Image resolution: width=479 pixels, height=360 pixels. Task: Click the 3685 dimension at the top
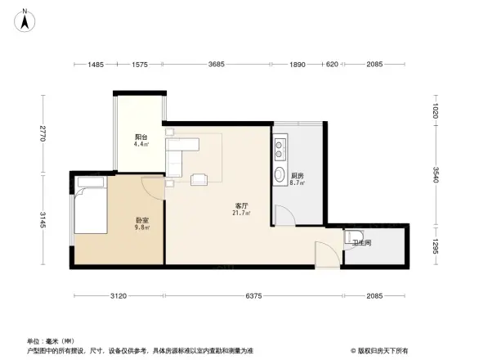[x=217, y=65]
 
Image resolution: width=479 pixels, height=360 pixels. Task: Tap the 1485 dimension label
[x=96, y=65]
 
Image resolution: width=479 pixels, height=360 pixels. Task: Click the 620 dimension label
[x=332, y=65]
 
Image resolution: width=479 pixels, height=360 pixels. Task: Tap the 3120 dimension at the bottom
[x=117, y=296]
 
